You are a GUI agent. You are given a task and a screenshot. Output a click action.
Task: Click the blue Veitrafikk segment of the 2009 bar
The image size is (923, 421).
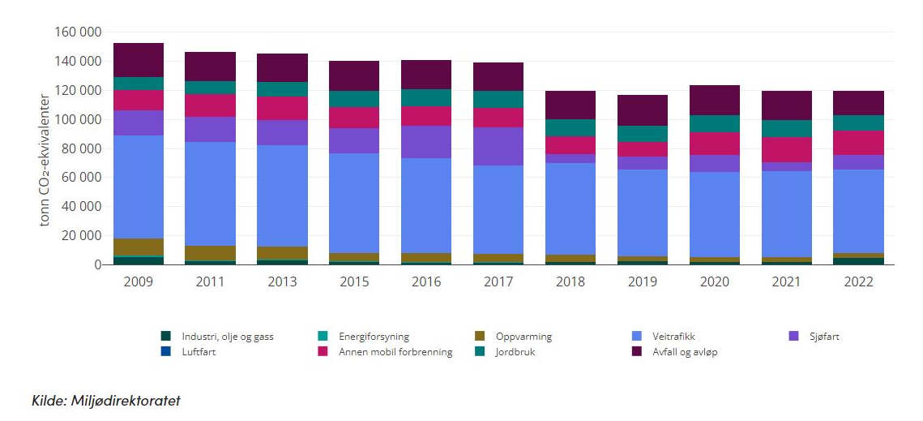click(139, 187)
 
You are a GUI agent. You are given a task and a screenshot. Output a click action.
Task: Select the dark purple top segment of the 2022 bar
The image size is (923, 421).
click(858, 103)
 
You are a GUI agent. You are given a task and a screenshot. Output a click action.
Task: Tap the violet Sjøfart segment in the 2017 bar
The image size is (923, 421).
click(498, 147)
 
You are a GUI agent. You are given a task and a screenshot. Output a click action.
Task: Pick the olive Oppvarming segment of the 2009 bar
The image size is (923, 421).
click(139, 247)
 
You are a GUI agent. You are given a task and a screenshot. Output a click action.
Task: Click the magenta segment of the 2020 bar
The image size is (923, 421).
click(714, 144)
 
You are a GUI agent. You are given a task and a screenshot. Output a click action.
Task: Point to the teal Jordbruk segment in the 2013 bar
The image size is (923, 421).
click(283, 89)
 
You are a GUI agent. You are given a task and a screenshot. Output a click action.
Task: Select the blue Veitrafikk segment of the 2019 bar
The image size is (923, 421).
click(643, 213)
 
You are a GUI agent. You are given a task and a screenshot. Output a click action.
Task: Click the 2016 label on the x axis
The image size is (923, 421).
click(426, 281)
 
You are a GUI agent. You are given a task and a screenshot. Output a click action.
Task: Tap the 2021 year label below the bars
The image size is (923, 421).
click(786, 281)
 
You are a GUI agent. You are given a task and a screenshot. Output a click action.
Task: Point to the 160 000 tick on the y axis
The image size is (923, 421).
click(79, 32)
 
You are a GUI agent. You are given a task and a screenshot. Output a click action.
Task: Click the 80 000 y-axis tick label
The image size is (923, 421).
click(82, 148)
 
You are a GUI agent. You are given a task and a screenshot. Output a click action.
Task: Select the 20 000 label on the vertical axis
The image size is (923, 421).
click(82, 236)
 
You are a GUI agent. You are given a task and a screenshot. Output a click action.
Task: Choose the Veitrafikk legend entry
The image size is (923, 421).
click(673, 336)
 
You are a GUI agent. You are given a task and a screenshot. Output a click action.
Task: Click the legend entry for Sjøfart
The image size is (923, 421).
click(823, 336)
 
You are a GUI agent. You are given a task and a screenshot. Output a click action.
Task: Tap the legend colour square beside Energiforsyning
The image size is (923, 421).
click(323, 336)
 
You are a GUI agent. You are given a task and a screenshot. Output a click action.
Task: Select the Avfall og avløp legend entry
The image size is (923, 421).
click(685, 352)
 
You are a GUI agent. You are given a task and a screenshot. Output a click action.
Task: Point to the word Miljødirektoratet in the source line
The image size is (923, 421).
click(128, 400)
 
